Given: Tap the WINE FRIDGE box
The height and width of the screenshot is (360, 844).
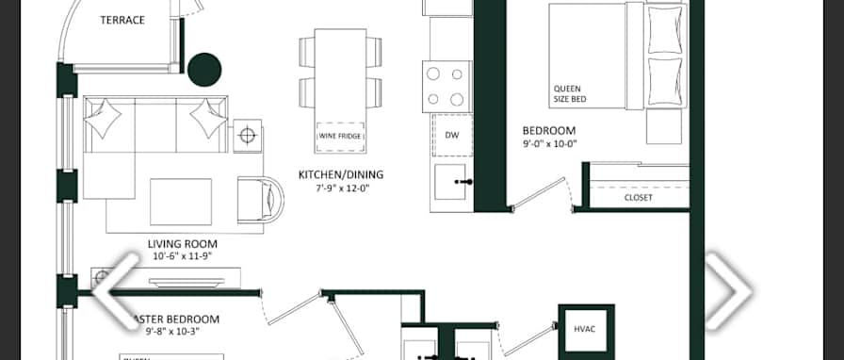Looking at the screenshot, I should [340, 138].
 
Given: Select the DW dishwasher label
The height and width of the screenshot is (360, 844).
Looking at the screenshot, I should [451, 135].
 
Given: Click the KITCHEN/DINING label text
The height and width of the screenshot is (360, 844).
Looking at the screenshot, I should [341, 174].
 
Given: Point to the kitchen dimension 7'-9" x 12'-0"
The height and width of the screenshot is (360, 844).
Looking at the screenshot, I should [341, 188].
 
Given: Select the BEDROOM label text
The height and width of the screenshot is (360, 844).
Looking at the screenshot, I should [549, 130].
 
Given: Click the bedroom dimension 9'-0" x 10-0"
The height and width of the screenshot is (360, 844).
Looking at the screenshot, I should [549, 144].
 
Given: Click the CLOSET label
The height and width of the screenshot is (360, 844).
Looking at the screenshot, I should [639, 198].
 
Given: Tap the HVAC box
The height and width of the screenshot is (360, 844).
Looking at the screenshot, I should [585, 329].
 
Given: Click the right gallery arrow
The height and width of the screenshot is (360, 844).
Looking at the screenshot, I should [729, 289].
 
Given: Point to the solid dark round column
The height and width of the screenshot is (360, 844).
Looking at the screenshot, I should [204, 70].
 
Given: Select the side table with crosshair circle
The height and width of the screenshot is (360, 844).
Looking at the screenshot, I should [247, 135].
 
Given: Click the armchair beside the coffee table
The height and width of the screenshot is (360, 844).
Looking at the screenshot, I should [260, 198].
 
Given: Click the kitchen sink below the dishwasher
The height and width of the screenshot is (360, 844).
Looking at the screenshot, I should [452, 180].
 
